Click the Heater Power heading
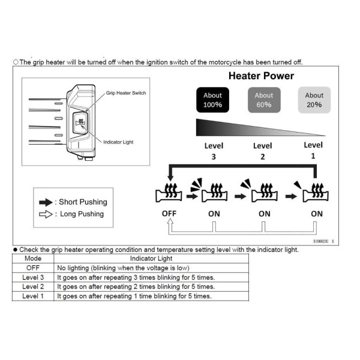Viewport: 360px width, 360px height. click(262, 76)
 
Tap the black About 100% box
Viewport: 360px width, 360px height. click(212, 100)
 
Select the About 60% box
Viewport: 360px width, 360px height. click(263, 100)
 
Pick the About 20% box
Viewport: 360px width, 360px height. click(314, 100)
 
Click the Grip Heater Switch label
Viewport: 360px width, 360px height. click(126, 93)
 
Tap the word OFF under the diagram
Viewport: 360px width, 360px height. click(169, 214)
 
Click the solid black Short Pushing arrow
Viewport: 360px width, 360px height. click(46, 202)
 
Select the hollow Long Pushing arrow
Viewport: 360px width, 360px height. click(46, 214)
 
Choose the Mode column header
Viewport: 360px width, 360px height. click(32, 259)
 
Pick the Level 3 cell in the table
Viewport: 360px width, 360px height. click(32, 277)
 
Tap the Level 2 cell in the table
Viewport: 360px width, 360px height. click(32, 287)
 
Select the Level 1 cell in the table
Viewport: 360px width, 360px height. click(32, 296)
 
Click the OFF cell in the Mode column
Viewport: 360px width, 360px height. click(32, 268)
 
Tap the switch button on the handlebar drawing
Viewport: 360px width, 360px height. click(79, 125)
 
